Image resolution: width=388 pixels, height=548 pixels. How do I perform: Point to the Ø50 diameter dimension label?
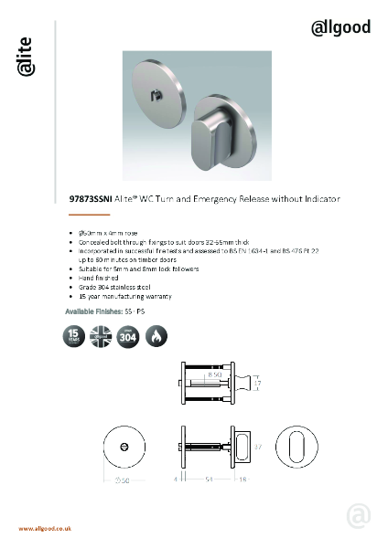click(122, 480)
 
